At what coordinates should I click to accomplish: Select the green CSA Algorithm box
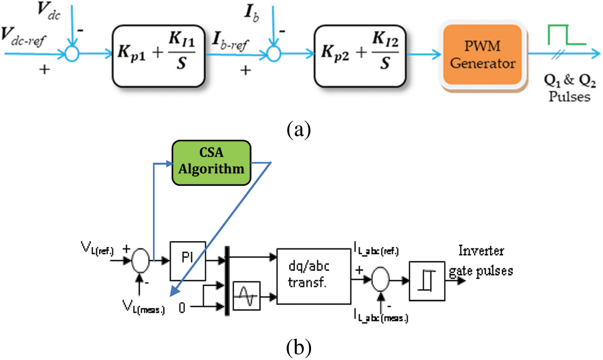pyautogui.click(x=211, y=162)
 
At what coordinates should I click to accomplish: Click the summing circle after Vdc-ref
pyautogui.click(x=72, y=53)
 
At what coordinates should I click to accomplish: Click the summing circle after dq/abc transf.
pyautogui.click(x=379, y=281)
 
